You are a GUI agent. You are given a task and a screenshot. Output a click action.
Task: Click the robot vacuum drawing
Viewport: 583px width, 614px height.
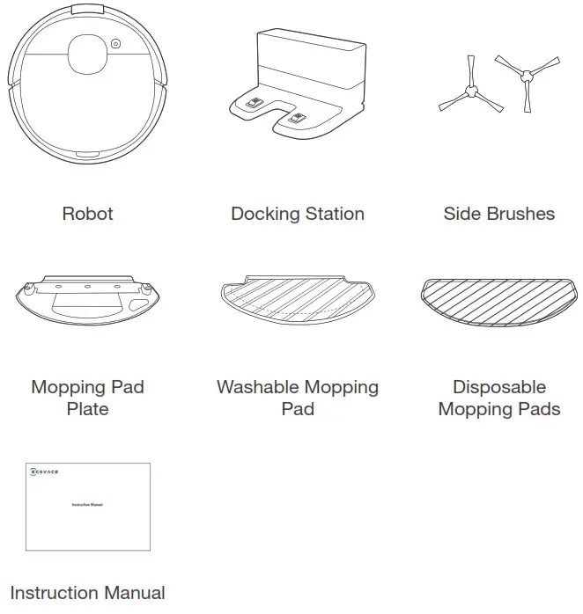pos(87,84)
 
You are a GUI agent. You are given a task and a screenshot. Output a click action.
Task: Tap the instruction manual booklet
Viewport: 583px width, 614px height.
pos(87,505)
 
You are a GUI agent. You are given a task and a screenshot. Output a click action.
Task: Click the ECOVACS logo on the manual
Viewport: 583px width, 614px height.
pos(44,471)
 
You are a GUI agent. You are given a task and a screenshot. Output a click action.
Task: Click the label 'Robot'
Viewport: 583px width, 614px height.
pos(87,214)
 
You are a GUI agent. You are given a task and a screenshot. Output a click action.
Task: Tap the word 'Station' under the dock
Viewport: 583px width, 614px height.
pos(332,214)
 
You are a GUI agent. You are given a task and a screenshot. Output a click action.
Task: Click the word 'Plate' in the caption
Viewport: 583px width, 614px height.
pos(87,409)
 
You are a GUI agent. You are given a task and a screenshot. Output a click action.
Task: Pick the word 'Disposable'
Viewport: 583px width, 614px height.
pos(498,388)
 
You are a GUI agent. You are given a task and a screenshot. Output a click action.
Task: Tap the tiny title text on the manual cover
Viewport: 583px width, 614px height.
pos(87,504)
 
